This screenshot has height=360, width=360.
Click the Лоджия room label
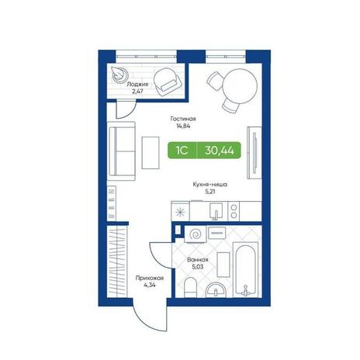pos(137,85)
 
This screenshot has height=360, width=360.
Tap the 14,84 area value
pos(183,126)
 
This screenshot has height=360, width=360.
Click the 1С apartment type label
pos(182,150)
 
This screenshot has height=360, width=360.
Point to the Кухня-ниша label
pos(209,185)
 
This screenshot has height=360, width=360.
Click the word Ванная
pos(198,260)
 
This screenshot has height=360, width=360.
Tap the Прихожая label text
pos(150,279)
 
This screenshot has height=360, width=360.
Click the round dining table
pos(240,86)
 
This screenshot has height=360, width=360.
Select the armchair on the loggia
pos(168,82)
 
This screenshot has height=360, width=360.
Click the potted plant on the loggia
pos(119,74)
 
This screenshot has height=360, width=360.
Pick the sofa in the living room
pos(121,151)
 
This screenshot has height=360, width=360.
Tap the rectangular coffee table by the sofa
pos(151,153)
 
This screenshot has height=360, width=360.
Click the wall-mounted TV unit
pos(254,153)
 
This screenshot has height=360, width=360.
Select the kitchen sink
pos(216,211)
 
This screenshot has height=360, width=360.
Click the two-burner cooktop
pos(234,211)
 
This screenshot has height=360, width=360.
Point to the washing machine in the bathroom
pos(196,234)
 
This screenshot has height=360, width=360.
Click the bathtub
pos(246,269)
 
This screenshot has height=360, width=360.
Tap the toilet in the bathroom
pos(191,287)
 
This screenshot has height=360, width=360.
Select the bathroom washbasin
pos(216,289)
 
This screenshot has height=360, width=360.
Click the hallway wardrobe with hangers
pos(117,261)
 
